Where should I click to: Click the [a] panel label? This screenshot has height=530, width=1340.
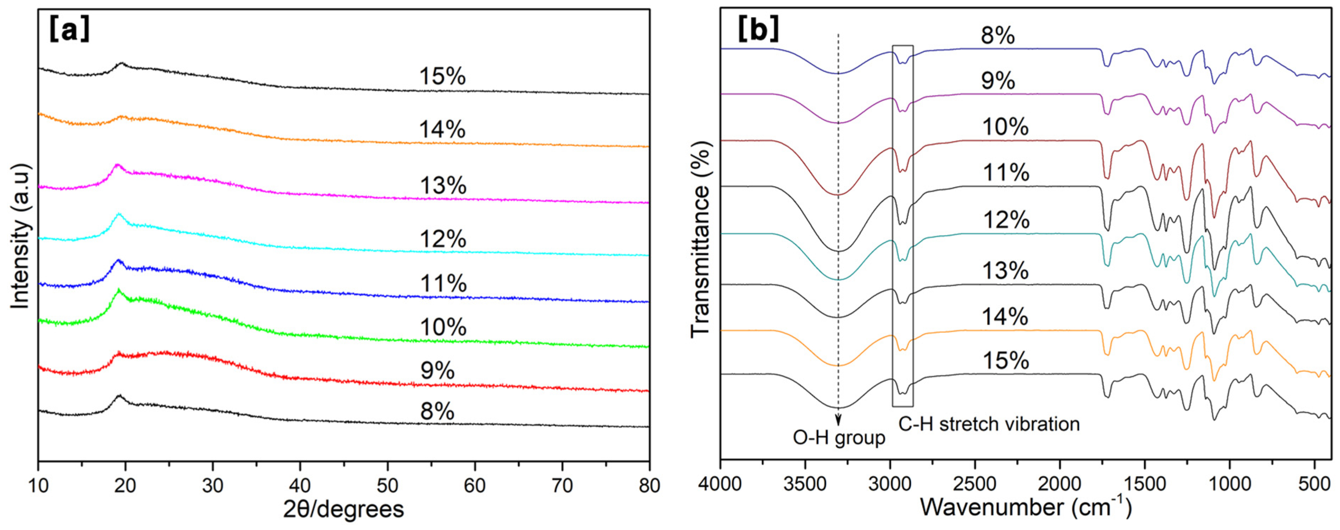tap(69, 30)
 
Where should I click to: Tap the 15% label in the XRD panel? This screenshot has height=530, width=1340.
tap(442, 77)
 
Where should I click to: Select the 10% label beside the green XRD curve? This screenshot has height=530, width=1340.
tap(443, 327)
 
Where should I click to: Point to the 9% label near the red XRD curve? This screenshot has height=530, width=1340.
tap(437, 371)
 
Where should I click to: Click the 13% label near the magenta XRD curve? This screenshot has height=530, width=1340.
tap(443, 186)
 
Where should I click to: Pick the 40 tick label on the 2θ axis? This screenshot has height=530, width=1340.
tap(300, 486)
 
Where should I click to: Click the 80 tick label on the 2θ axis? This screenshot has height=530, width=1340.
tap(648, 486)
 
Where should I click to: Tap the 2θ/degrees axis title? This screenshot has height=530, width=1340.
tap(343, 510)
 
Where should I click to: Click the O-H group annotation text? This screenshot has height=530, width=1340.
tap(838, 438)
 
